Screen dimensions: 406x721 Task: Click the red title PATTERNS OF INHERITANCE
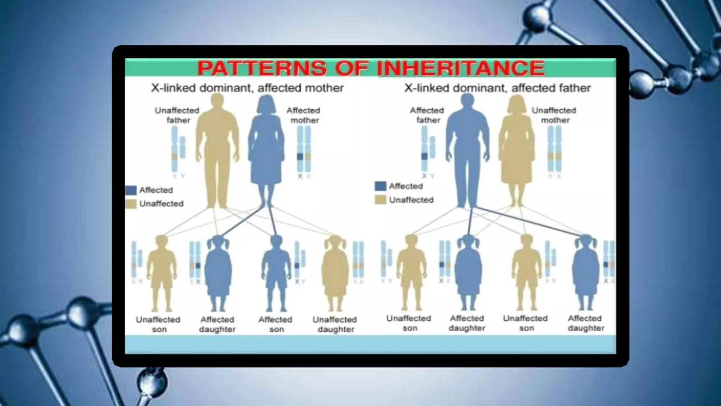pyautogui.click(x=371, y=68)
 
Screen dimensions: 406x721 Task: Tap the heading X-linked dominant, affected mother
pyautogui.click(x=247, y=88)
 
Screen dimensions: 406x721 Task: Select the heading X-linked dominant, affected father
pyautogui.click(x=497, y=88)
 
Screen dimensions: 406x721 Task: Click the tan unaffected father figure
pyautogui.click(x=217, y=148)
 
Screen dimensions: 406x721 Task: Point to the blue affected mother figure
pyautogui.click(x=267, y=148)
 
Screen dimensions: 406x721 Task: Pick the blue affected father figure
pyautogui.click(x=468, y=148)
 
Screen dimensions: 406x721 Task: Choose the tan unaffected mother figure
pyautogui.click(x=516, y=148)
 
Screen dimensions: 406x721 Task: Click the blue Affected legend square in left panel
pyautogui.click(x=131, y=190)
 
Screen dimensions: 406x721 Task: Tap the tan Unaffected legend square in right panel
pyautogui.click(x=380, y=200)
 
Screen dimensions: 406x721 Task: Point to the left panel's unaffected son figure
pyautogui.click(x=161, y=271)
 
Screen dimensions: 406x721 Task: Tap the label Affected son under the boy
pyautogui.click(x=276, y=324)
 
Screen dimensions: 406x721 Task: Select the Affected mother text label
pyautogui.click(x=303, y=115)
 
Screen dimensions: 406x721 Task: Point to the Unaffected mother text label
pyautogui.click(x=554, y=115)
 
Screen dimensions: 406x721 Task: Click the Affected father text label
pyautogui.click(x=427, y=115)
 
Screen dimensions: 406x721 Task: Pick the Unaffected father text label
pyautogui.click(x=177, y=115)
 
